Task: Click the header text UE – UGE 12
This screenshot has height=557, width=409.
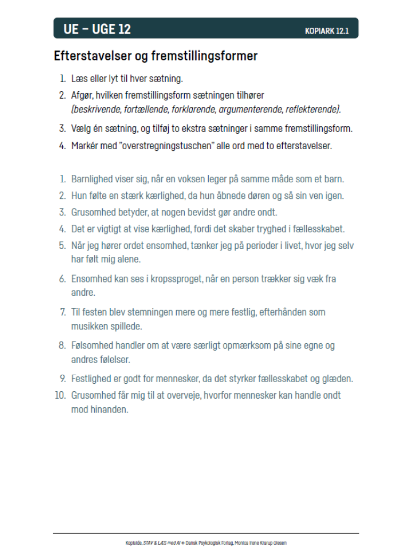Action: pos(97,29)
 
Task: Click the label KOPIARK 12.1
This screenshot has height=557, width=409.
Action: pos(326,31)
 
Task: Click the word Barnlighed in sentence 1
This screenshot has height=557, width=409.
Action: pos(92,179)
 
